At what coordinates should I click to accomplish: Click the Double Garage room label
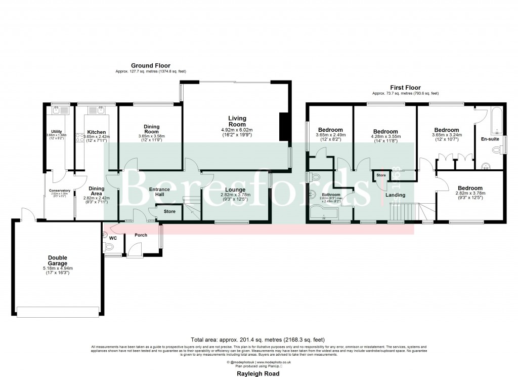coord(57,260)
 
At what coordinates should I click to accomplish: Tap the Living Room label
coord(237,121)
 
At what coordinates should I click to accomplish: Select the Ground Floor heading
coord(151,66)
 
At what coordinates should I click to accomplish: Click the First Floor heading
coord(405,88)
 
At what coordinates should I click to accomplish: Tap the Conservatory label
coord(60,191)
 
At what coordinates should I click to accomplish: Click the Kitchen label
coord(96,132)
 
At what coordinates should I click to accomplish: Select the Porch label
coord(141,235)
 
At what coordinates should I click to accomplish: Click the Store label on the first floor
coord(381,176)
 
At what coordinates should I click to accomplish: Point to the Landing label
coord(395,195)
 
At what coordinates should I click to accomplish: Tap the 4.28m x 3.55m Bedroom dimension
coord(385,136)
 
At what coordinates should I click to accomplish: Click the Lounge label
coord(235,190)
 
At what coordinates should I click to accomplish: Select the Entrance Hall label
coord(159,192)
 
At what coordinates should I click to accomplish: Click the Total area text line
coord(258,340)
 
